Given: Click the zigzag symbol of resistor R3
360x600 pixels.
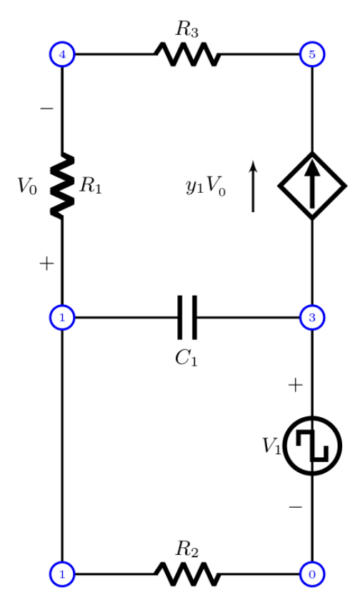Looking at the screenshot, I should (187, 54).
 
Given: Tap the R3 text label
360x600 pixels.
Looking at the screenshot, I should (187, 29).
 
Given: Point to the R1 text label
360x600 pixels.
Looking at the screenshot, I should (91, 186).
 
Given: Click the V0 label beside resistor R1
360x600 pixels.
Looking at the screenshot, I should (28, 187).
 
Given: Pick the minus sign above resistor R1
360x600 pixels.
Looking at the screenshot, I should (46, 109).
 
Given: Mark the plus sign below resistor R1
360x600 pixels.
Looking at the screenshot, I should (46, 264).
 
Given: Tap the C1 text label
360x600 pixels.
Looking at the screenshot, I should (186, 357).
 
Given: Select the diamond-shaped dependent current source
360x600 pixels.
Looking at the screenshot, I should (312, 186).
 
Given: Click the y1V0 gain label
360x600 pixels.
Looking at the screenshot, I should (206, 188).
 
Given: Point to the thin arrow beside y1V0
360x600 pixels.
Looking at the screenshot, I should (253, 186).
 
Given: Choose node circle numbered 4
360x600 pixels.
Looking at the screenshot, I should (63, 54).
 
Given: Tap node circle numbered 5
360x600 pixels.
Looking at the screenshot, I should (312, 54).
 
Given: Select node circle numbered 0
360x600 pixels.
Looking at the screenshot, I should (312, 573).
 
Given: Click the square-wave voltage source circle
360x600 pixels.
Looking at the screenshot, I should (312, 446).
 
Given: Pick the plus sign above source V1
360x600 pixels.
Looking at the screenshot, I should (295, 386).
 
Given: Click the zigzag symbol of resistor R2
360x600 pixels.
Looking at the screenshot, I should (187, 573).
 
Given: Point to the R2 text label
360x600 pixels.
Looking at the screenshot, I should (187, 549).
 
